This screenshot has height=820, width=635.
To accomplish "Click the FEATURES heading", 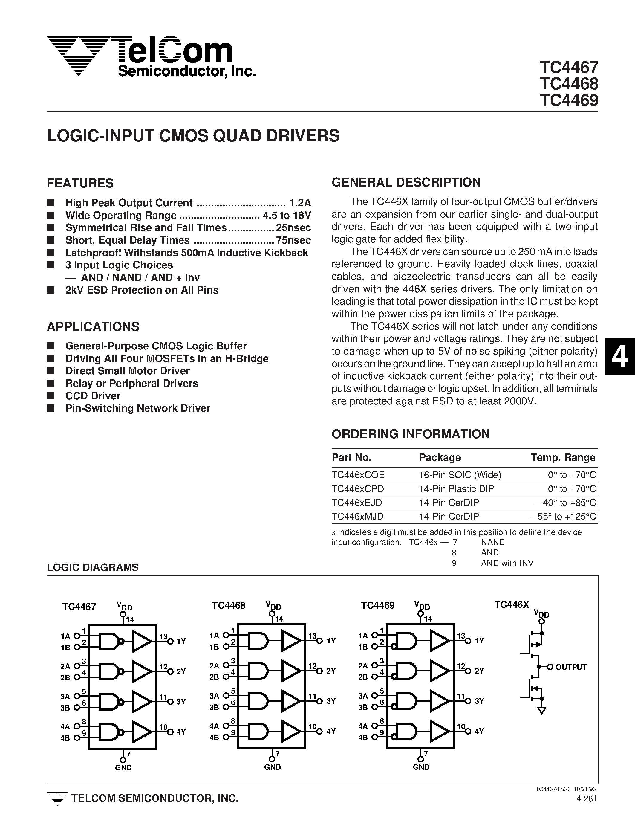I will (80, 183).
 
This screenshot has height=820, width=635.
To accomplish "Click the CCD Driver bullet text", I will (93, 396).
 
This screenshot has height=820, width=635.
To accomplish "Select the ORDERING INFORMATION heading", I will (411, 434).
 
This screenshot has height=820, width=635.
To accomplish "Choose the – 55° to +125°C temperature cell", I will (563, 516).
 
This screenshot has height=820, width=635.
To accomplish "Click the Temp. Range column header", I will (563, 457).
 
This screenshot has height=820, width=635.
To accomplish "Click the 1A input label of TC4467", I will (65, 636).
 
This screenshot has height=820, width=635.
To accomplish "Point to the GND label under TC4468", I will (272, 767).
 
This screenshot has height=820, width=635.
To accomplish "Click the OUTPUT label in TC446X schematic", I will (571, 667).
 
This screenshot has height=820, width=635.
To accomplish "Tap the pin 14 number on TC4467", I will (130, 619).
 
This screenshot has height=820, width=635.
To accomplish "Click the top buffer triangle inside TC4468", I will (291, 641).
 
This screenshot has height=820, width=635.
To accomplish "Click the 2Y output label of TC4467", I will (181, 671).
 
